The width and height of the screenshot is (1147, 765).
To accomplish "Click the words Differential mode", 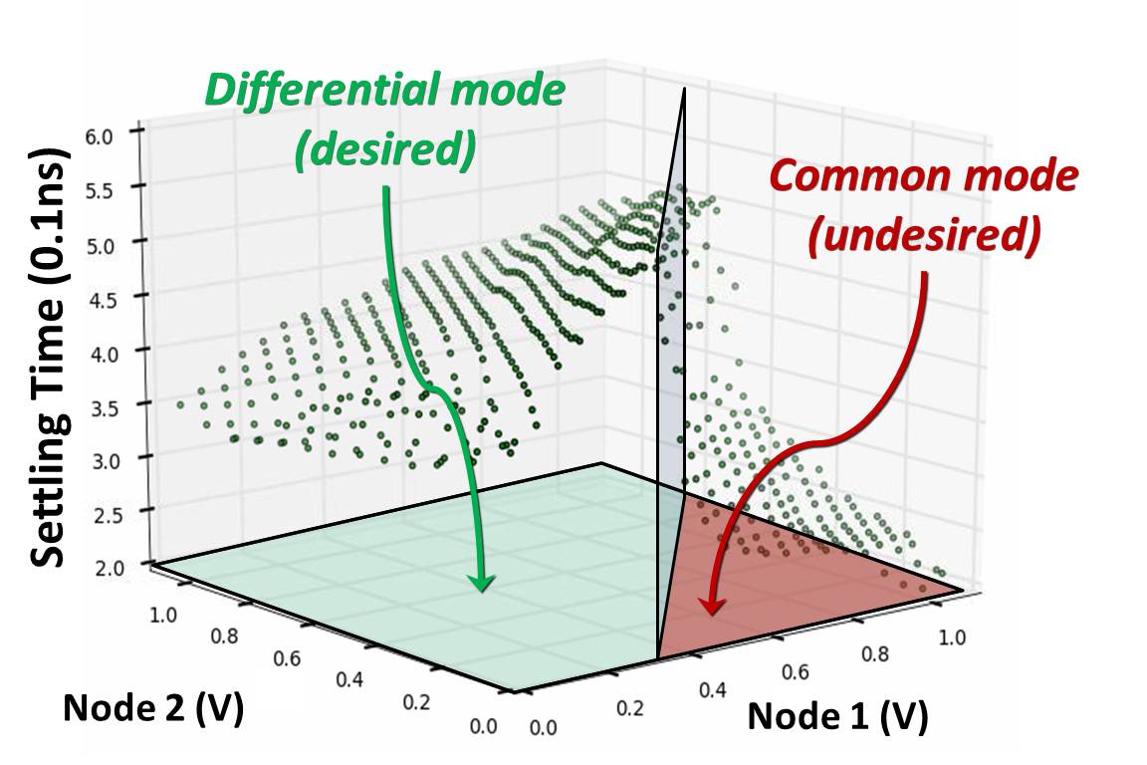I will [384, 91].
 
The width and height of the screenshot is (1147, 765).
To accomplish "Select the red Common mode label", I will [923, 177].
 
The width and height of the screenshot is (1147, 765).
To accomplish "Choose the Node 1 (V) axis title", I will [837, 715].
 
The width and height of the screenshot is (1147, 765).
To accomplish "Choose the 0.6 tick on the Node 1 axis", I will [795, 671].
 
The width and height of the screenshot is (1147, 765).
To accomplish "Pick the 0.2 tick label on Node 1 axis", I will [632, 709].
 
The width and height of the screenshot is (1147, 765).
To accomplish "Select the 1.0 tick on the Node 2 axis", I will [163, 613].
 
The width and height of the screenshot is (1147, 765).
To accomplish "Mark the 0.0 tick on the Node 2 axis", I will [483, 725].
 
